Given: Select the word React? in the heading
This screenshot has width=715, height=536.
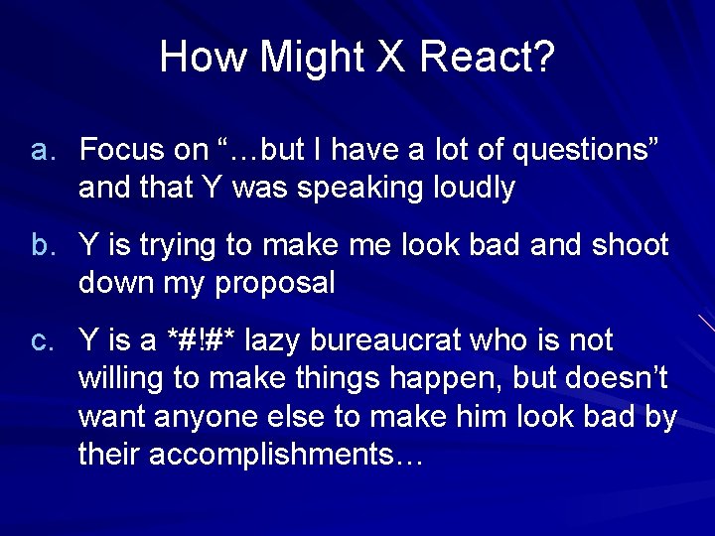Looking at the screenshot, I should click(487, 58).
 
